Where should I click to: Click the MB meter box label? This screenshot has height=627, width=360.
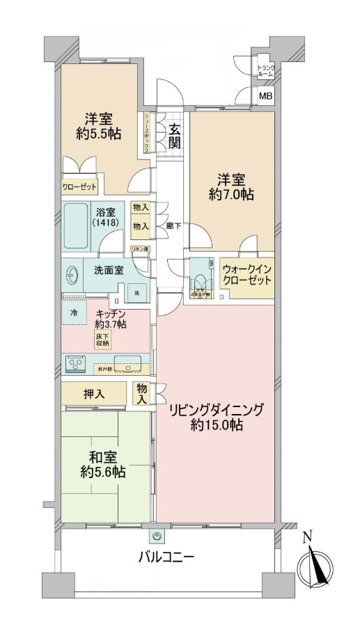click(x=266, y=97)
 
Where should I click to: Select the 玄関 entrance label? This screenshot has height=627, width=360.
click(x=174, y=136)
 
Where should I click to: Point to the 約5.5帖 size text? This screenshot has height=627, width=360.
click(x=97, y=133)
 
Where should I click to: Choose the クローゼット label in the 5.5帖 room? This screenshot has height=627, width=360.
click(x=79, y=186)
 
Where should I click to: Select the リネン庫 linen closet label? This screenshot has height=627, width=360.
click(x=139, y=248)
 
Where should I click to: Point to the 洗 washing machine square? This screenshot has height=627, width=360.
click(x=137, y=293)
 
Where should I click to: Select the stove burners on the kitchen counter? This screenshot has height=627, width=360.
click(x=75, y=363)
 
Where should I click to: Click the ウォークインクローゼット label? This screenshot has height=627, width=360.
click(x=246, y=275)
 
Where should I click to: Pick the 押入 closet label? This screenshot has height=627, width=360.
click(x=95, y=395)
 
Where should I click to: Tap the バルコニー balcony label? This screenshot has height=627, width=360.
click(x=166, y=557)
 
